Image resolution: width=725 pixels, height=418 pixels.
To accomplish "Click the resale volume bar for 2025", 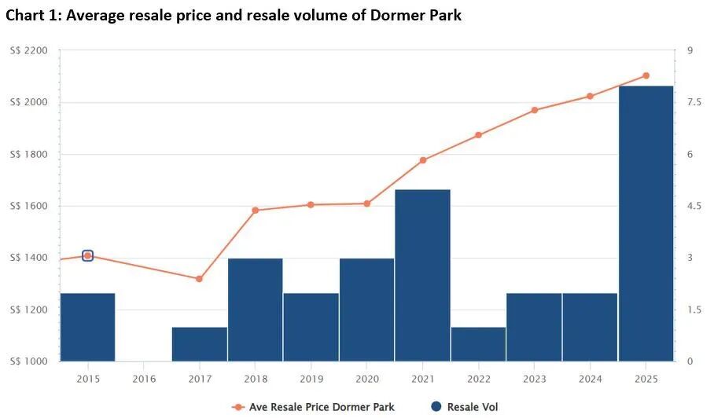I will [x=646, y=224].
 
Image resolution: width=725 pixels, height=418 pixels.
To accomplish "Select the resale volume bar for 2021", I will [x=422, y=275].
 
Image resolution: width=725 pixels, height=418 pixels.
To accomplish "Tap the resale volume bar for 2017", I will [x=199, y=344].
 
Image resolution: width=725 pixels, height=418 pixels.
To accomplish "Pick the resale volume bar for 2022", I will [x=478, y=344].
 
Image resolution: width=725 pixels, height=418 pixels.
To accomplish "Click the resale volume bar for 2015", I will [x=87, y=327].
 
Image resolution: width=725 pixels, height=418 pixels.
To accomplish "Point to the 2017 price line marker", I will [x=199, y=279].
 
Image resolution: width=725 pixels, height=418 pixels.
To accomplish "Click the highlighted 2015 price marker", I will [x=87, y=255].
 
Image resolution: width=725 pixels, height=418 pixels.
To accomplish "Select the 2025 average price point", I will [x=646, y=75].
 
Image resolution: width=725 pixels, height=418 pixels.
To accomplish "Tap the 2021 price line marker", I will [x=422, y=160].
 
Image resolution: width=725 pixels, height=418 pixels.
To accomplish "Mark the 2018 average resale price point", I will [x=255, y=211].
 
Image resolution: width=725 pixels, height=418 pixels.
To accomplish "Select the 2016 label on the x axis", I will [x=143, y=379].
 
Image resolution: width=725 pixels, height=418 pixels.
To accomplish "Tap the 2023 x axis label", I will [x=534, y=379].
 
